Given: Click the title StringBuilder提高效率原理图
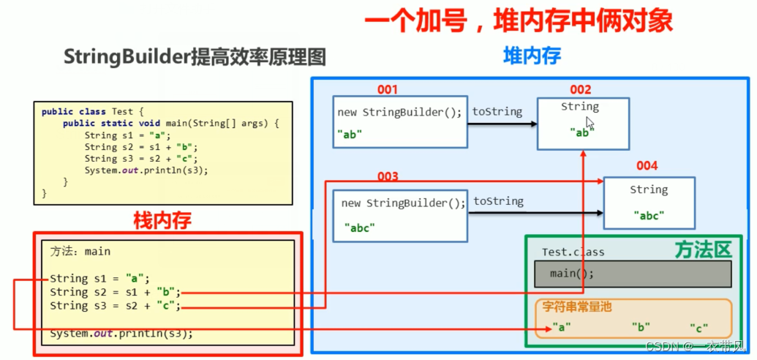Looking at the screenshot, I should (x=195, y=57).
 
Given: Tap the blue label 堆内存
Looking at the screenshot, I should (x=532, y=56).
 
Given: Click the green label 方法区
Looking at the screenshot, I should (x=703, y=250).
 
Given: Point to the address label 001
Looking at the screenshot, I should (x=387, y=90).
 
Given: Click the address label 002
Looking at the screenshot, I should (x=580, y=90).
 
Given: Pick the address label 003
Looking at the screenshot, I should (x=388, y=177).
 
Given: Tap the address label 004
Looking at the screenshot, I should (x=647, y=166).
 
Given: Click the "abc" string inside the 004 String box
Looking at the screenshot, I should (x=648, y=216).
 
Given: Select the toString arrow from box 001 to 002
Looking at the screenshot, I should (x=502, y=124).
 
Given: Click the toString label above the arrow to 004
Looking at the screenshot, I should (x=498, y=200).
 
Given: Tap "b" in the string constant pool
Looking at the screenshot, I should (x=641, y=327).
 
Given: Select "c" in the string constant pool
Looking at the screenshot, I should (x=698, y=327).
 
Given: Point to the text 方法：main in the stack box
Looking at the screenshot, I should (x=80, y=251).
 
